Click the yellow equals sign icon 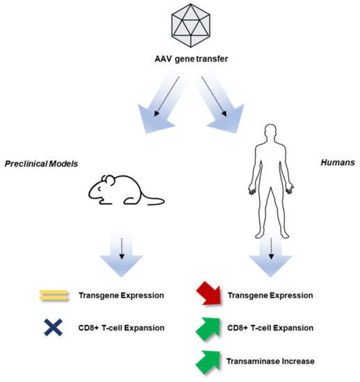pyautogui.click(x=54, y=295)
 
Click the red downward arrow pyautogui.click(x=209, y=292)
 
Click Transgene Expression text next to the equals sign pyautogui.click(x=122, y=295)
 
